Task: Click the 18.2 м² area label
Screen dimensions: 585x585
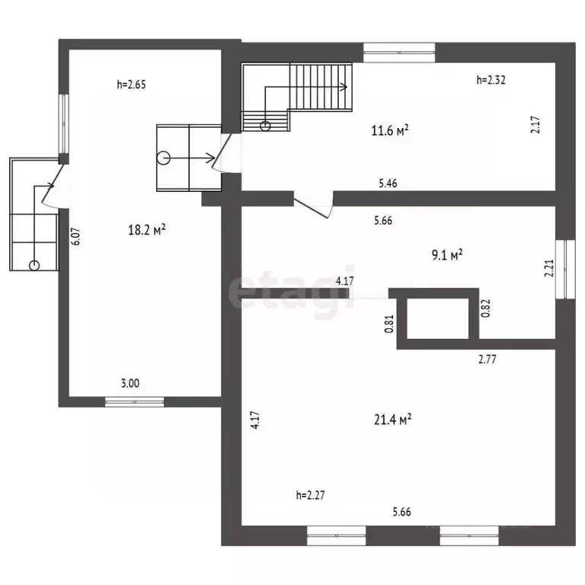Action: pyautogui.click(x=146, y=229)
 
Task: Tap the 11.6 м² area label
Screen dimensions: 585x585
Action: pyautogui.click(x=390, y=130)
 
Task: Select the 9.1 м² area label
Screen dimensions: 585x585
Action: pyautogui.click(x=447, y=255)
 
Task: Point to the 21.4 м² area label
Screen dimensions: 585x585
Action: pyautogui.click(x=392, y=420)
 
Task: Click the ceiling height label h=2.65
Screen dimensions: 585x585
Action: pyautogui.click(x=131, y=85)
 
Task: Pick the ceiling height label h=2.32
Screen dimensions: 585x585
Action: pyautogui.click(x=491, y=80)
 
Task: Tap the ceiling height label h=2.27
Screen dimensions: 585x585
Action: pyautogui.click(x=311, y=495)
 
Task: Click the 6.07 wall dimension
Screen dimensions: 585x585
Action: pyautogui.click(x=76, y=236)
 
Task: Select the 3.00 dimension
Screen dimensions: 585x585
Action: pyautogui.click(x=130, y=383)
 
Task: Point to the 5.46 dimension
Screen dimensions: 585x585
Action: pyautogui.click(x=388, y=183)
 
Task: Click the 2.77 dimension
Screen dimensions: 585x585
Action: pyautogui.click(x=487, y=359)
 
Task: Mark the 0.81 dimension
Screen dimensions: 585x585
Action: pyautogui.click(x=389, y=324)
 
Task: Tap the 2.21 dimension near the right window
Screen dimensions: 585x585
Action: pyautogui.click(x=549, y=268)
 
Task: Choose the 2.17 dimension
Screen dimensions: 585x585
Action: pyautogui.click(x=535, y=125)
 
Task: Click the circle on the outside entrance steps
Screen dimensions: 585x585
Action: pyautogui.click(x=34, y=266)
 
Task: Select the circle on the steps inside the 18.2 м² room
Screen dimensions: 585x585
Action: pyautogui.click(x=164, y=158)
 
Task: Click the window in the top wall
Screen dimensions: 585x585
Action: pyautogui.click(x=399, y=53)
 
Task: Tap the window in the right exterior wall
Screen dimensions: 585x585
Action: pyautogui.click(x=566, y=269)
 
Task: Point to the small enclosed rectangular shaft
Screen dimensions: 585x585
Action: pyautogui.click(x=438, y=318)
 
